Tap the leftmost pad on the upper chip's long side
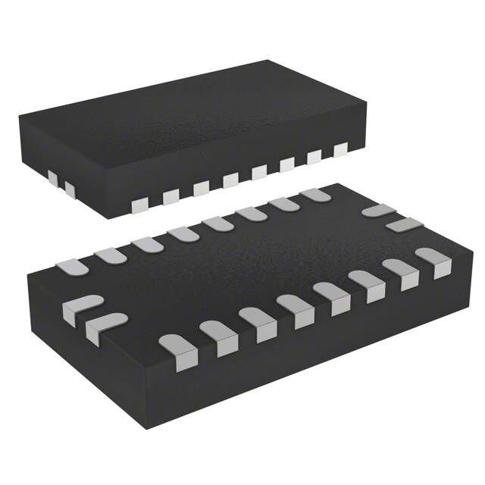point(139,205)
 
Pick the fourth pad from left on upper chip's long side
point(230,179)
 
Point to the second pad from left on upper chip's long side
point(171,196)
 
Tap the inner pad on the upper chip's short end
point(70,187)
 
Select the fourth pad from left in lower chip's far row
point(182,233)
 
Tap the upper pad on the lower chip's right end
point(377,210)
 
